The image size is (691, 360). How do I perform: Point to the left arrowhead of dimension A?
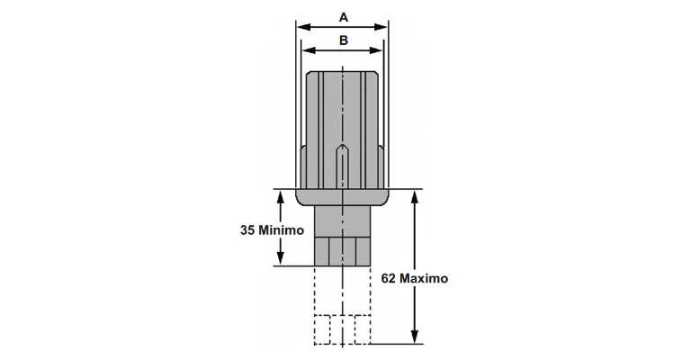tap(301, 27)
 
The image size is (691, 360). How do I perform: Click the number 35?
tap(249, 229)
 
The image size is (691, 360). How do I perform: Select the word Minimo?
tap(283, 229)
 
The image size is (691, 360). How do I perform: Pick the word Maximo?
tap(425, 278)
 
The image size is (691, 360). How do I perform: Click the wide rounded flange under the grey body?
tap(342, 197)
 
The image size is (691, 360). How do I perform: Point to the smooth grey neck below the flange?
tap(342, 220)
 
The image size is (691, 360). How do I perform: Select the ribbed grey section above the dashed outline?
tap(342, 249)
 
